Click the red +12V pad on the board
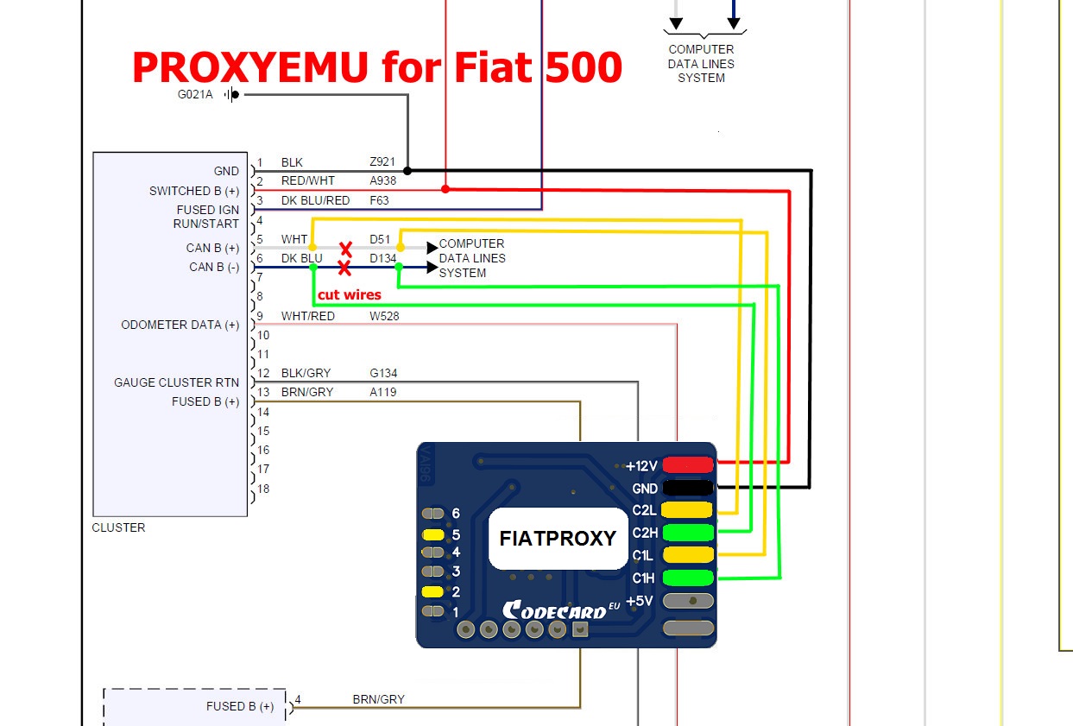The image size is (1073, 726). click(687, 465)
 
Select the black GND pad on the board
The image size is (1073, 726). click(687, 488)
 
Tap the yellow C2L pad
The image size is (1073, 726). click(687, 510)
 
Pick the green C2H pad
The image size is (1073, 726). click(687, 533)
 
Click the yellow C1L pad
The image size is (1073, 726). click(687, 555)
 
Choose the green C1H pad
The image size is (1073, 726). click(687, 578)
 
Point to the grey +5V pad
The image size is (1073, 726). click(687, 601)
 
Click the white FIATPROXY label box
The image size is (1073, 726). click(558, 538)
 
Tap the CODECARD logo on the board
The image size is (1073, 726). click(554, 609)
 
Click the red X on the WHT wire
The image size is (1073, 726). click(345, 249)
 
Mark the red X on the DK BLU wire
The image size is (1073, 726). click(344, 268)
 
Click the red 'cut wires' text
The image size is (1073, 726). click(349, 294)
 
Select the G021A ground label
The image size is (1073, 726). click(195, 95)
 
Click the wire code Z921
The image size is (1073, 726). click(382, 162)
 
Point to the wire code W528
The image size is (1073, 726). click(384, 316)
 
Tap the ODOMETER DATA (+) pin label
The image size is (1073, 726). click(180, 325)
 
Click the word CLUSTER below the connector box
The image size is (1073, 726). click(118, 527)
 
